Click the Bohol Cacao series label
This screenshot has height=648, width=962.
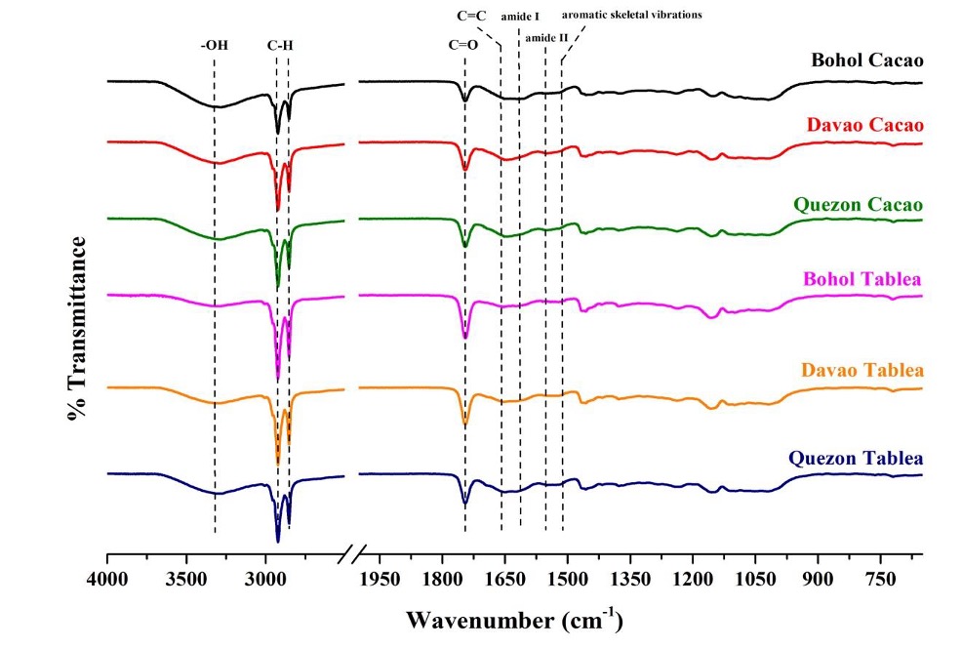pos(867,61)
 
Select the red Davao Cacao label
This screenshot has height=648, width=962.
pos(865,126)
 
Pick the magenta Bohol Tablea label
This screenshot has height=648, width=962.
pos(862,280)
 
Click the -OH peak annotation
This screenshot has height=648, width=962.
pos(215,44)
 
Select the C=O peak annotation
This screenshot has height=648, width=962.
pos(464,44)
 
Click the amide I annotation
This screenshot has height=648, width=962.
pos(520,17)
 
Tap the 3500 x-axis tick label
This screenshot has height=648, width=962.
pos(186,578)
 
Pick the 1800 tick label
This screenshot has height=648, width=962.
pos(442,578)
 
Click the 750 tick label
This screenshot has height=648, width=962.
pos(880,578)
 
